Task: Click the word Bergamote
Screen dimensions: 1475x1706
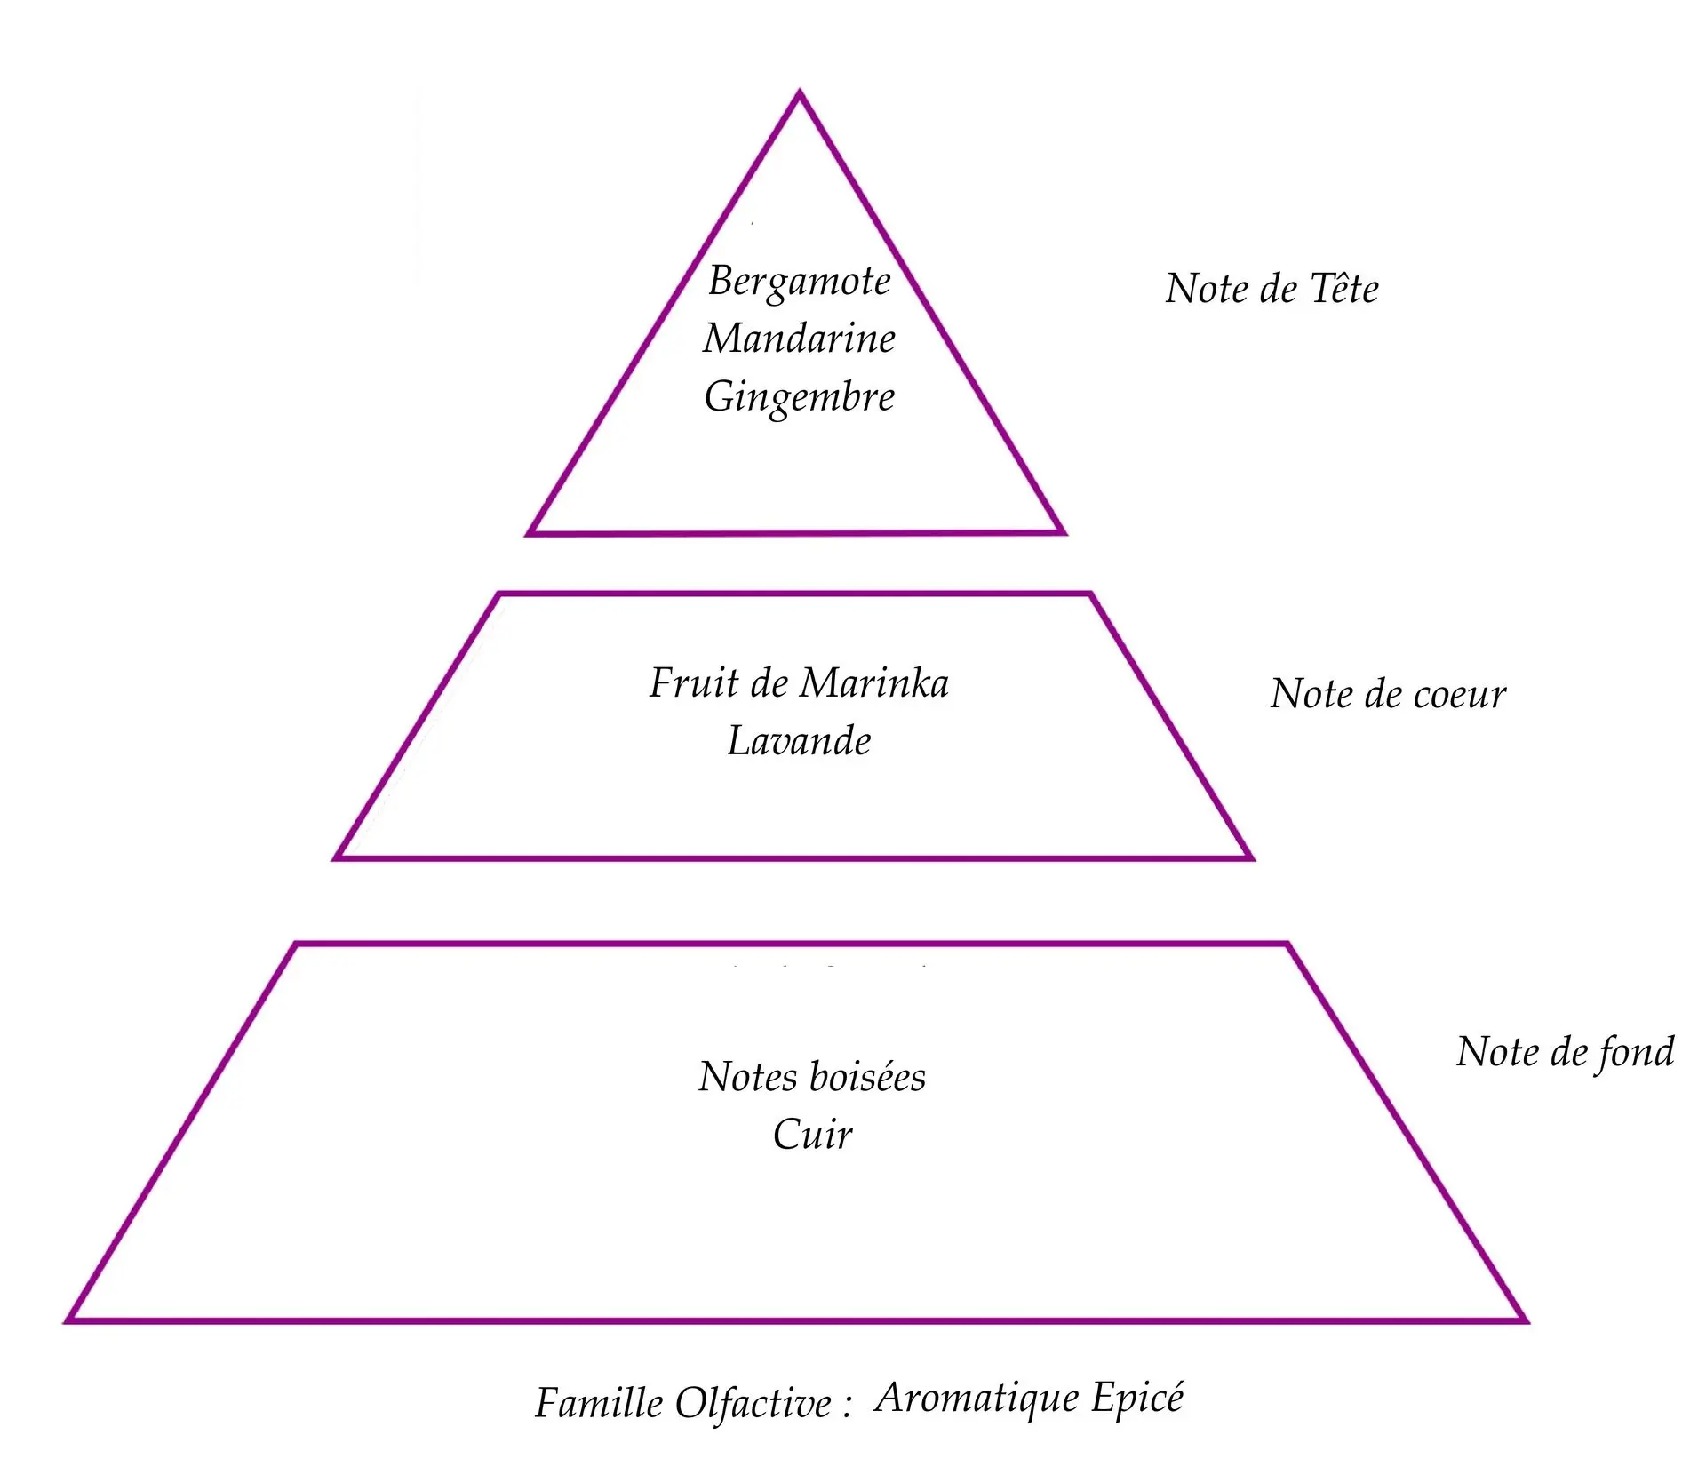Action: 799,283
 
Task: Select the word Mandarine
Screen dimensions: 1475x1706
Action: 799,339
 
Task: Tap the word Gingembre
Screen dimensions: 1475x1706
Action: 799,396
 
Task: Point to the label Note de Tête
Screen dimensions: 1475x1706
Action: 1272,289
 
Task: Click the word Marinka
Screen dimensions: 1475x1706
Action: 873,683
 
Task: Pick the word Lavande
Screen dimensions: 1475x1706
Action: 799,741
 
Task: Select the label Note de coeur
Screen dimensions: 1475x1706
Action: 1388,694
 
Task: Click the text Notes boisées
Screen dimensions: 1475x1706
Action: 812,1077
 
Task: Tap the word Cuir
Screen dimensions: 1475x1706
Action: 812,1135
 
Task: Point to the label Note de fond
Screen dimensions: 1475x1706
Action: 1565,1052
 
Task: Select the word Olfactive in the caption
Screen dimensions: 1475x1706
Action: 753,1404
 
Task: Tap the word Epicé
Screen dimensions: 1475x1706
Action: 1137,1398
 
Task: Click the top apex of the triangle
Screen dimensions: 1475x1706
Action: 799,92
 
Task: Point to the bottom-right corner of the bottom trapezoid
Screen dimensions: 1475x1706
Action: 1525,1320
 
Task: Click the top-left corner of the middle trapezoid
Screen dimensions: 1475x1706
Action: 498,594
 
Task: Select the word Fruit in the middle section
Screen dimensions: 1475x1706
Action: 694,683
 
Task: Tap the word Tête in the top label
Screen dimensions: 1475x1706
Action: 1344,289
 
